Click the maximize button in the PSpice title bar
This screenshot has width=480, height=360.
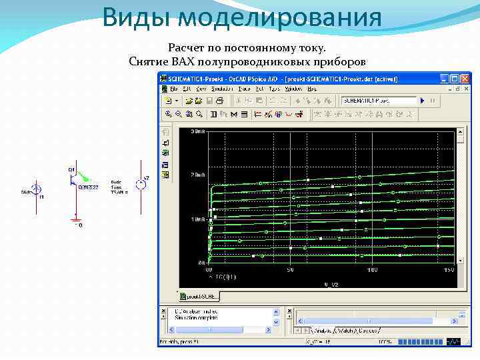point(455,79)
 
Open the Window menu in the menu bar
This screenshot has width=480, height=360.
point(293,89)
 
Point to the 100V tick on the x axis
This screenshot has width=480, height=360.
point(372,269)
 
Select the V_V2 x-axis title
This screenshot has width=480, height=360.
point(331,284)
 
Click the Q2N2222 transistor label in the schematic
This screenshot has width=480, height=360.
point(88,187)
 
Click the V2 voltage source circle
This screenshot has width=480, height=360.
point(140,184)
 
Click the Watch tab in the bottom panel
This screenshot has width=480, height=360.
point(345,330)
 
